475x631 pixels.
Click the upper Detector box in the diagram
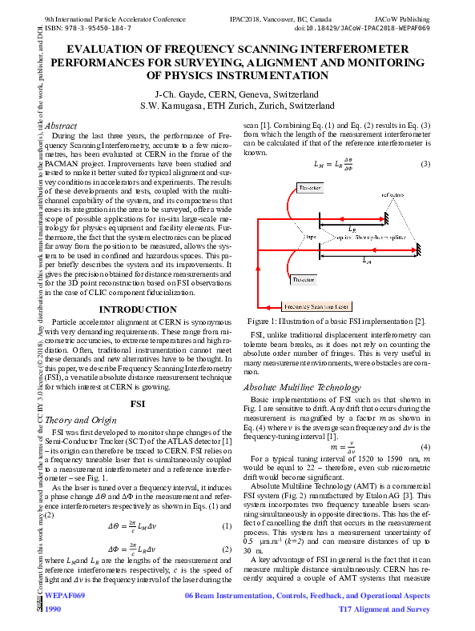284,188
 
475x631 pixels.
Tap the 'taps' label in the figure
289,238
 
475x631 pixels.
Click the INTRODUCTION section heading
138,310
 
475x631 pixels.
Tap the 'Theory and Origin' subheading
81,419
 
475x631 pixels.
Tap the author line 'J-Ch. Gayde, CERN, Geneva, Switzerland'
237,94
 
